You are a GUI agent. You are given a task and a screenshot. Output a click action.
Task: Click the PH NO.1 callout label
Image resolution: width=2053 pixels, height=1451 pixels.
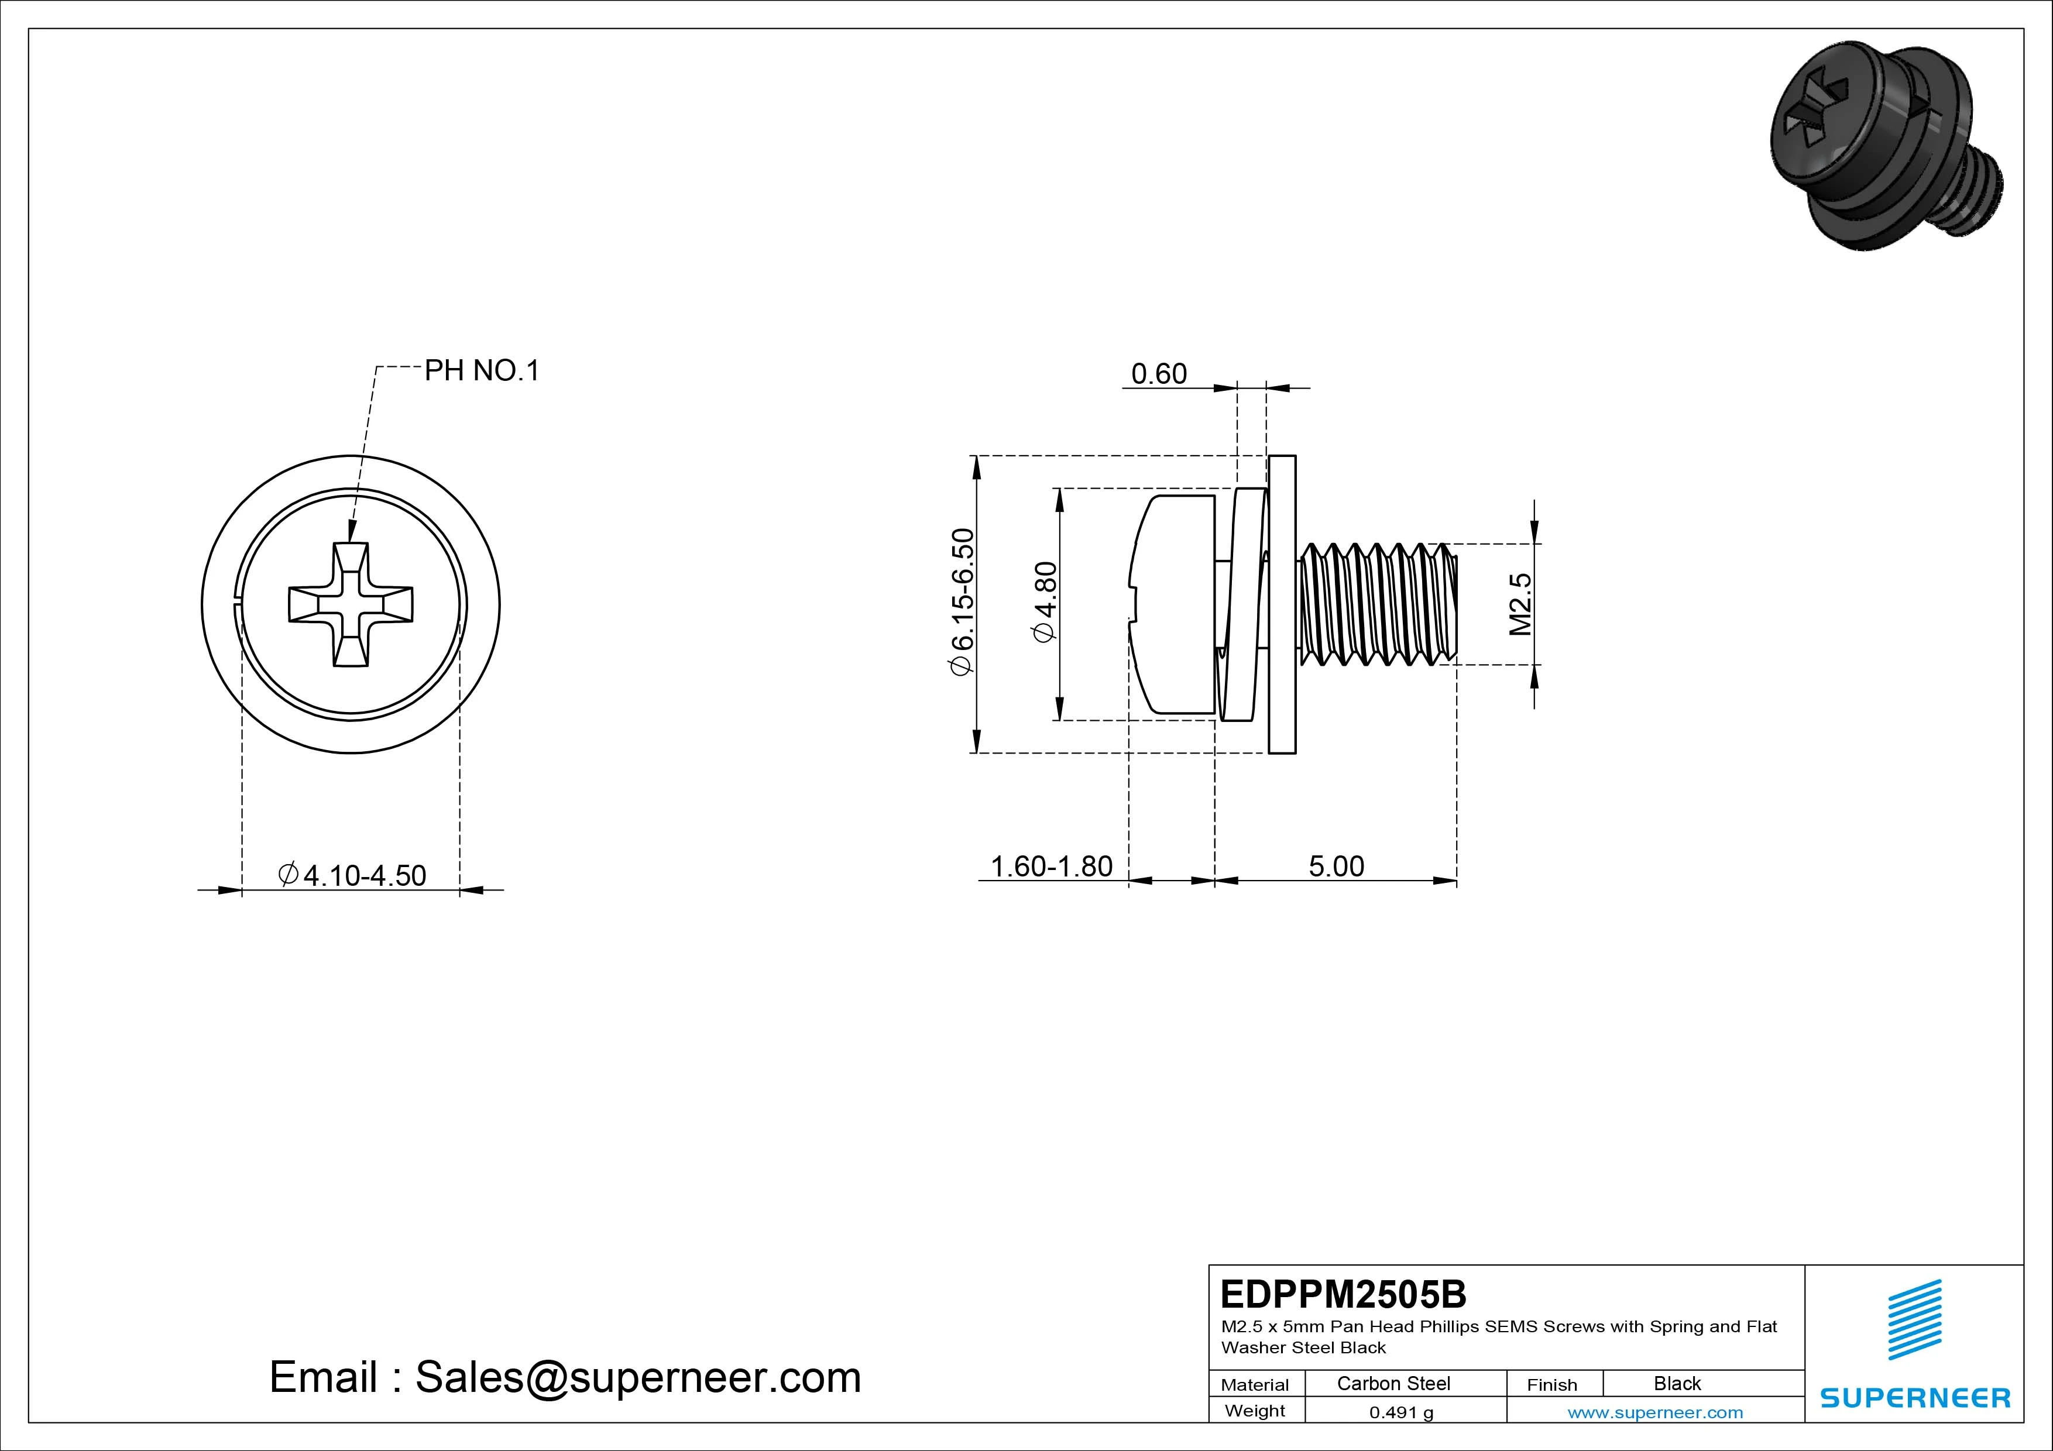[482, 371]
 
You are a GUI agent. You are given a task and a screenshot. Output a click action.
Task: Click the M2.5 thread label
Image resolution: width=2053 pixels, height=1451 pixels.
[1520, 604]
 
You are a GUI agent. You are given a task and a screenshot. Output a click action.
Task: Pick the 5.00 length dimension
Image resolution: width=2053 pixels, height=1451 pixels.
[1336, 867]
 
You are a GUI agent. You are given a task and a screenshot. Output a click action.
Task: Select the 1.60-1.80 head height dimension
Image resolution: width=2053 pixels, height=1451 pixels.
[1052, 867]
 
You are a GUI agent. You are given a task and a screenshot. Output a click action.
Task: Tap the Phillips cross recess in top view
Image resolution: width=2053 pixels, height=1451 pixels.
[351, 604]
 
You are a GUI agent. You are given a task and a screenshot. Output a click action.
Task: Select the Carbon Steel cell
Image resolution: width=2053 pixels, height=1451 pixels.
[1393, 1384]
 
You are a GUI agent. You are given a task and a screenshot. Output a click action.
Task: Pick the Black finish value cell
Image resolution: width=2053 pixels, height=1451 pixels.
[1677, 1384]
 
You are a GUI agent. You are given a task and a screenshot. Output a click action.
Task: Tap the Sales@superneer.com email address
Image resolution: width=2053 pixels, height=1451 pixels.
[637, 1378]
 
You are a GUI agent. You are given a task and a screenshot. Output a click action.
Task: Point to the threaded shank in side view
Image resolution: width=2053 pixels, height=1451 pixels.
[1377, 604]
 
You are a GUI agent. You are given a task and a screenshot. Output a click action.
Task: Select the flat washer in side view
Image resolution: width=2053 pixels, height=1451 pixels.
[1282, 604]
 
